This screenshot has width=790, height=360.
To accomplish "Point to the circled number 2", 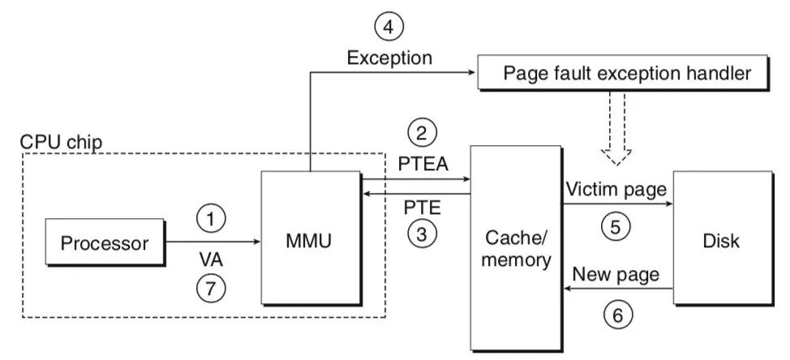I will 423,132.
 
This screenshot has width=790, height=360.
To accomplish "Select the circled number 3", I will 423,234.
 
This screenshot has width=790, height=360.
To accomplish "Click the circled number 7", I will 210,286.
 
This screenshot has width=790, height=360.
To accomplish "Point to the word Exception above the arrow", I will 389,58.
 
